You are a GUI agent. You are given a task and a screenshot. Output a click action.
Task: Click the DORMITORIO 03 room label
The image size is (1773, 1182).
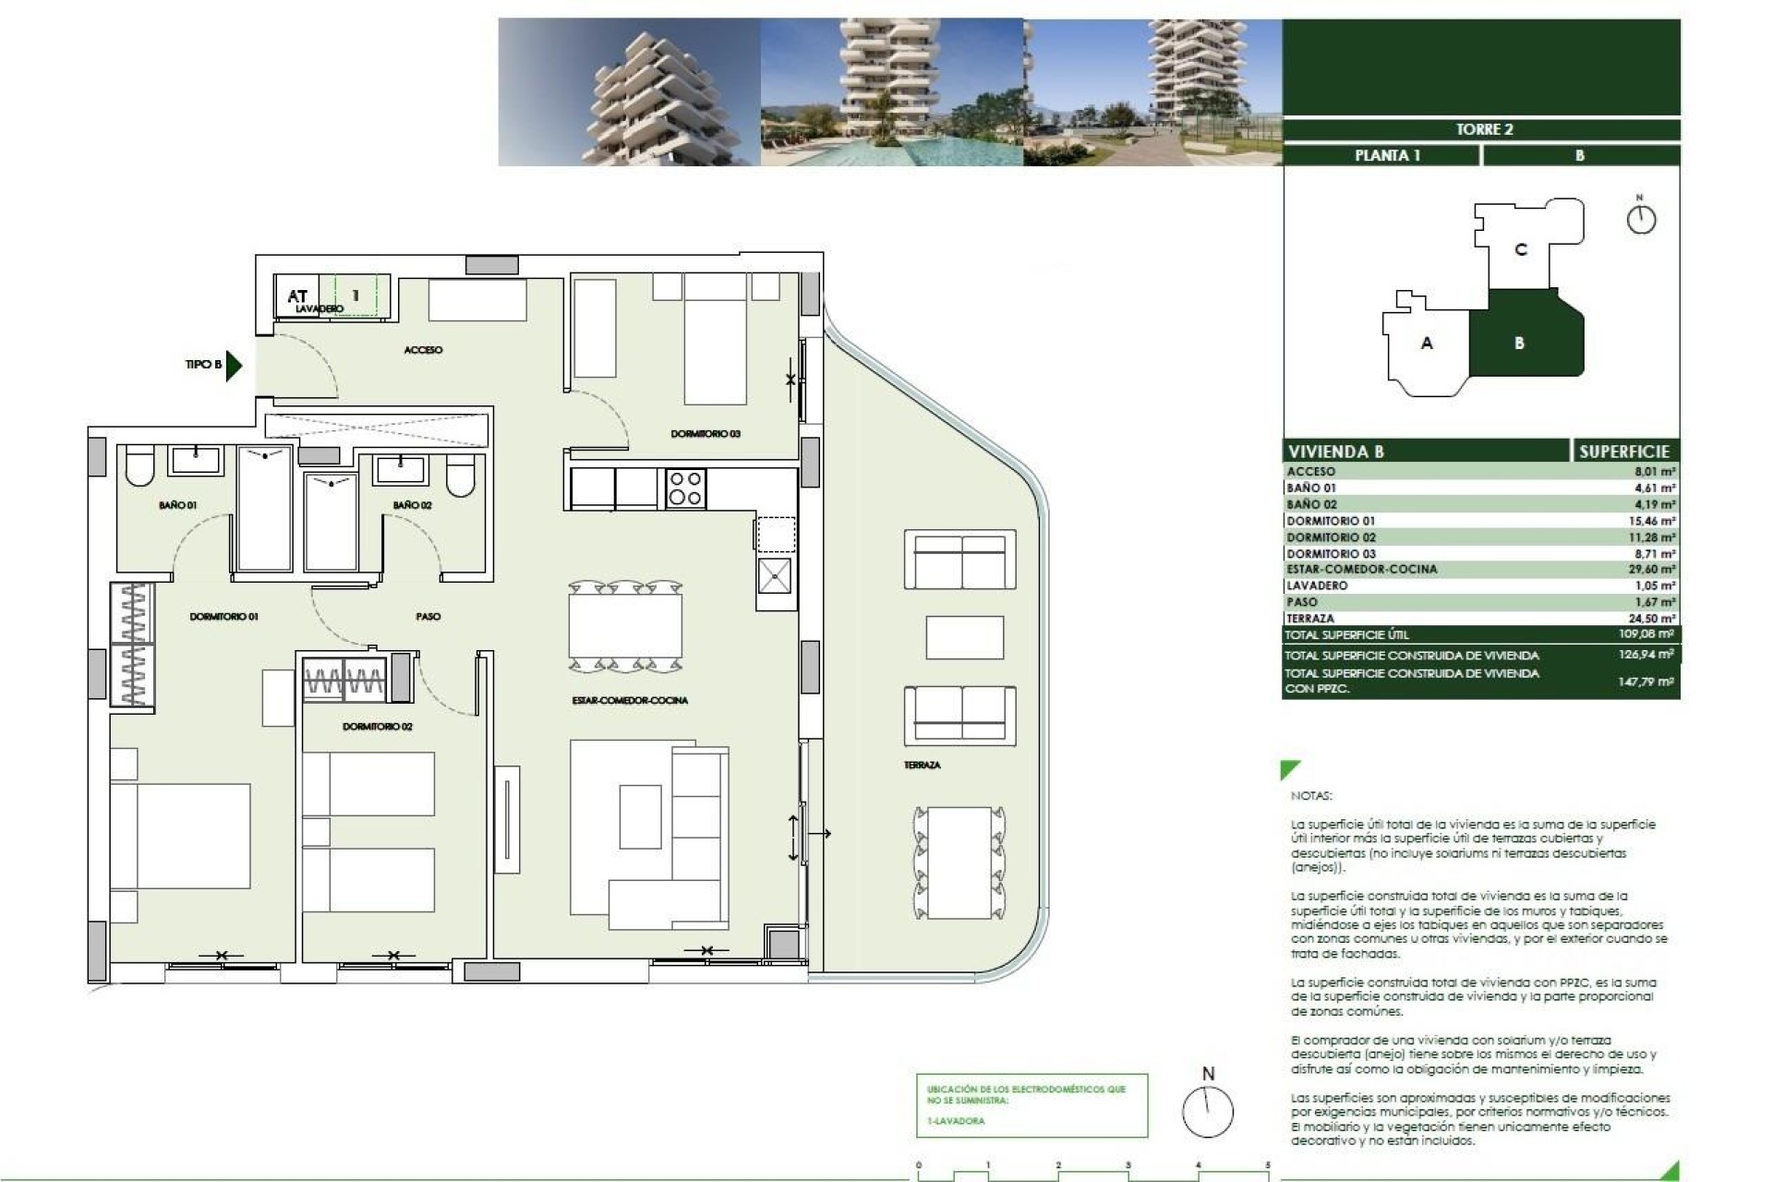706,433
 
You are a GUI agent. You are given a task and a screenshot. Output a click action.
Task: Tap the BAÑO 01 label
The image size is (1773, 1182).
177,505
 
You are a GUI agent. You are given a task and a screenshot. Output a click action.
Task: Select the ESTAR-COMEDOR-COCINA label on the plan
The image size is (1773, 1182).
630,700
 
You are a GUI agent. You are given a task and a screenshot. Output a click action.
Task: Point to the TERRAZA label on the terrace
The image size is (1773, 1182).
922,765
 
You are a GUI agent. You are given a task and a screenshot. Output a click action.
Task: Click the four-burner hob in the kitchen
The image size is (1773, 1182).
685,488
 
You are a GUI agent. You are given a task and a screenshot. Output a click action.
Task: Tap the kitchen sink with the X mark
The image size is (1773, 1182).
774,576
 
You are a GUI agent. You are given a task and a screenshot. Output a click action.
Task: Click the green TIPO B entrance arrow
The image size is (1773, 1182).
234,365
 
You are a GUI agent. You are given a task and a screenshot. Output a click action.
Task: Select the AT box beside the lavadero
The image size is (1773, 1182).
296,295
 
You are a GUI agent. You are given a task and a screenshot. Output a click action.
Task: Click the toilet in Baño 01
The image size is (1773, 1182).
140,469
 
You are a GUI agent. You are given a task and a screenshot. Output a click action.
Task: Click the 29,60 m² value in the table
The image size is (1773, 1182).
1651,570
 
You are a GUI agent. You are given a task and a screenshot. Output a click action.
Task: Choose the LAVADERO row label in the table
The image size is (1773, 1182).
1317,585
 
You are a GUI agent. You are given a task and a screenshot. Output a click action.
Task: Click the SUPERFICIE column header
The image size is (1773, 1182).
1623,452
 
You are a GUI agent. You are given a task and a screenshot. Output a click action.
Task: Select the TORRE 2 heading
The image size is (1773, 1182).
1484,129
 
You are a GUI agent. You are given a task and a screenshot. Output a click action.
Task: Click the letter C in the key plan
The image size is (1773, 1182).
1521,249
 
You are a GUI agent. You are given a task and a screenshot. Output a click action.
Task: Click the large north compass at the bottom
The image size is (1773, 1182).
1208,1111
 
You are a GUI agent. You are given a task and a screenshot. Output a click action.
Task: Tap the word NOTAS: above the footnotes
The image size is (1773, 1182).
1311,795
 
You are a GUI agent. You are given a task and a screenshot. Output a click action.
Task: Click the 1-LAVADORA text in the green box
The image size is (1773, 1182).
956,1121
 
